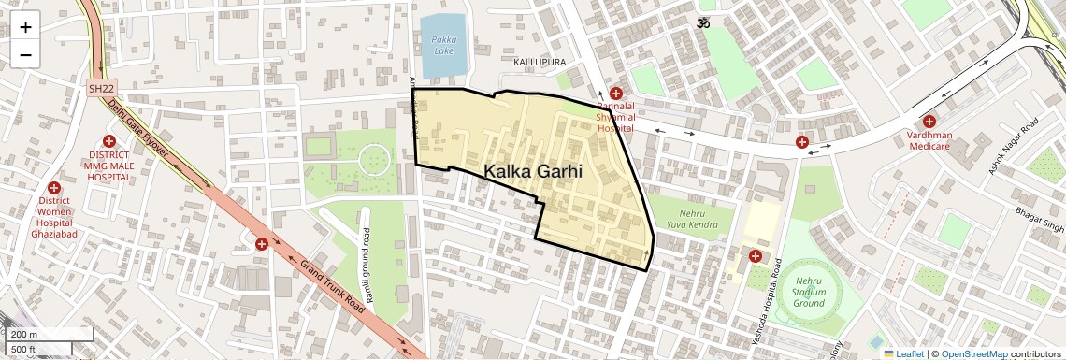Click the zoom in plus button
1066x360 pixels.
click(x=25, y=27)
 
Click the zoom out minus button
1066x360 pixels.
click(x=25, y=55)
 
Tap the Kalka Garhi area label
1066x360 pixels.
click(x=533, y=171)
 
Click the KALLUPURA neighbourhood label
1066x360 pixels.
click(x=540, y=62)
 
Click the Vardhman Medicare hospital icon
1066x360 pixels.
click(x=929, y=122)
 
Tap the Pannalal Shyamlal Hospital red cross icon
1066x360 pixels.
click(x=616, y=94)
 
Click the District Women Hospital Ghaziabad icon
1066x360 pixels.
click(x=53, y=188)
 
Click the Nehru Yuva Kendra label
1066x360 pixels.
click(x=692, y=219)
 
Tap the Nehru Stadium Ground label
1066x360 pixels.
click(x=809, y=292)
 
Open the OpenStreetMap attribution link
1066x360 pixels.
click(x=973, y=353)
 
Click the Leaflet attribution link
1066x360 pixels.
click(x=903, y=353)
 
